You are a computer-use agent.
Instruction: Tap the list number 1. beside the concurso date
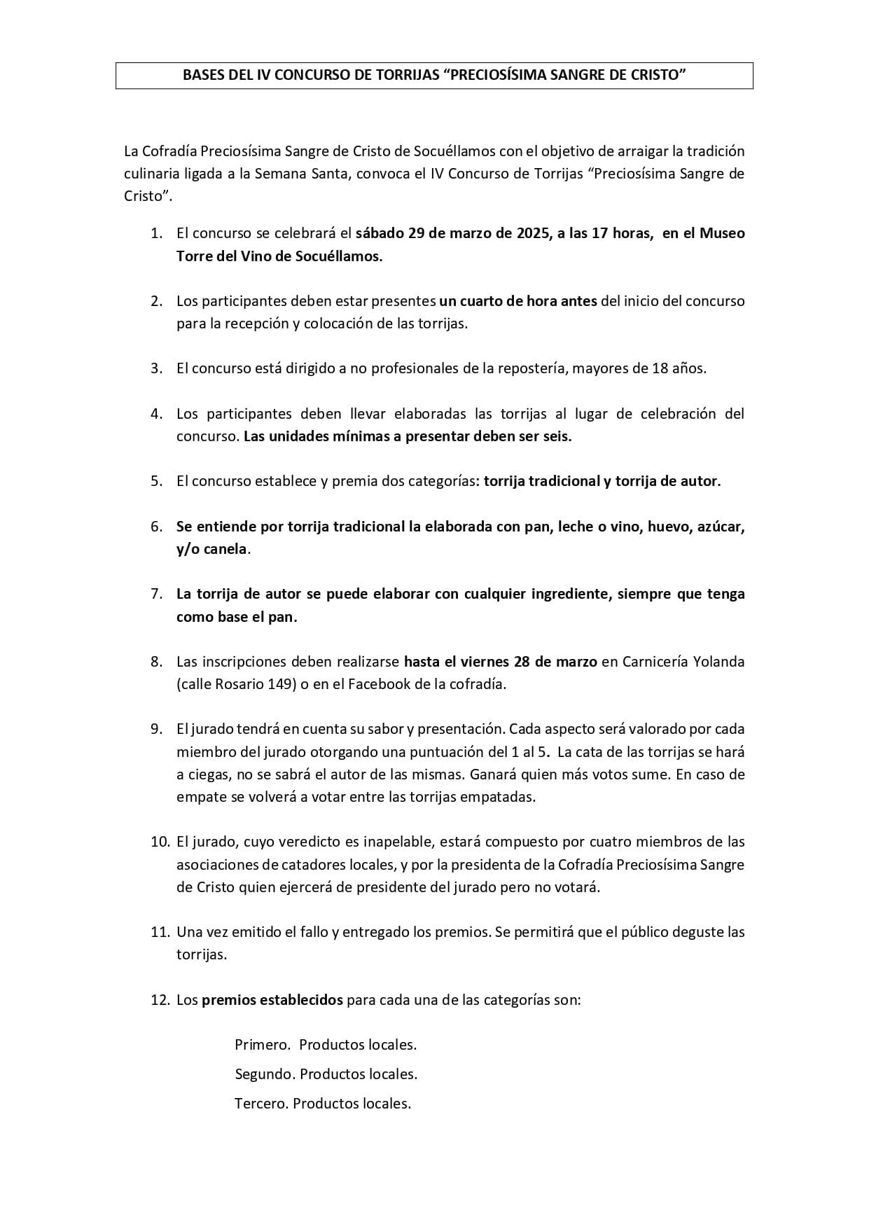pos(157,233)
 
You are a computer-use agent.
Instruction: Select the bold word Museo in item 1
pos(723,233)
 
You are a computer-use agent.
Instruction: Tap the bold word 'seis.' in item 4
pos(555,436)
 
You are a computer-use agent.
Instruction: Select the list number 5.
pos(157,481)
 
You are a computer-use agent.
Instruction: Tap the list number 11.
pos(160,932)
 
